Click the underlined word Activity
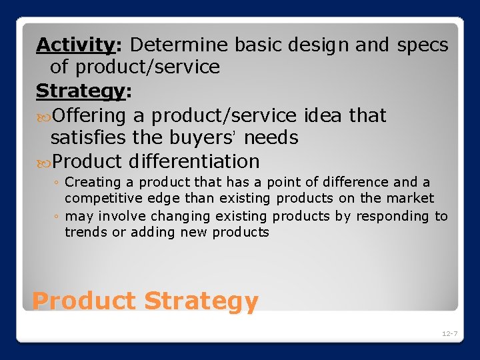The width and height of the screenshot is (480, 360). [75, 45]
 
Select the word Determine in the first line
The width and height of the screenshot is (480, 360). [178, 45]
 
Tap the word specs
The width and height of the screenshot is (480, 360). [423, 45]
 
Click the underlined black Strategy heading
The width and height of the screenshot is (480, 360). [80, 91]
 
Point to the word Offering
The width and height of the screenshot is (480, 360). [89, 116]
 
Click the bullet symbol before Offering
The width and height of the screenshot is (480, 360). [43, 116]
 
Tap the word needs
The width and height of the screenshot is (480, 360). [271, 138]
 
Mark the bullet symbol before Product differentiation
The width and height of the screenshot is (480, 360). [43, 161]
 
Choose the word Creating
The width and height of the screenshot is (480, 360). [93, 182]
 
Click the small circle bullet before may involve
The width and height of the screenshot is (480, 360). [57, 217]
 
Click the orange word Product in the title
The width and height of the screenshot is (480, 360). [84, 301]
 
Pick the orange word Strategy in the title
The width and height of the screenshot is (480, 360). [201, 302]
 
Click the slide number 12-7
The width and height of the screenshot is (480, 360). [449, 333]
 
